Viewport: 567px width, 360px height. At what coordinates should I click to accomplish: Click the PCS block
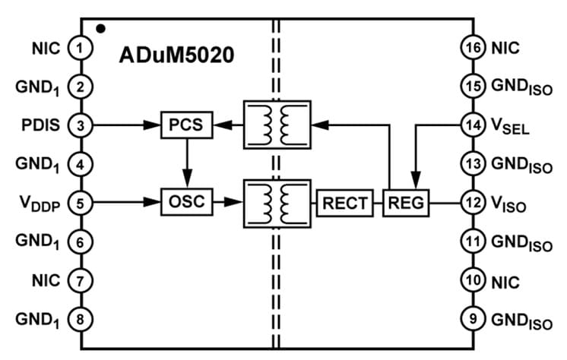click(x=186, y=124)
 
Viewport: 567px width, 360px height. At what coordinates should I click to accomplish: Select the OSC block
click(x=186, y=202)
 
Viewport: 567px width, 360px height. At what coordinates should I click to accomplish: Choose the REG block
click(x=405, y=203)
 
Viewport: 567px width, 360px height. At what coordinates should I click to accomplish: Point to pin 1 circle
click(x=80, y=47)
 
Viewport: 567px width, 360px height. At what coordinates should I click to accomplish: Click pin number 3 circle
click(x=80, y=124)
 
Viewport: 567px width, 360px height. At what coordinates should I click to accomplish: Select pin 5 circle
click(x=80, y=202)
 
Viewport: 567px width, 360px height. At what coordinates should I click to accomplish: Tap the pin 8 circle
click(x=80, y=318)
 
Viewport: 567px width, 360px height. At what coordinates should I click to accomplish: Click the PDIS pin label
click(x=43, y=124)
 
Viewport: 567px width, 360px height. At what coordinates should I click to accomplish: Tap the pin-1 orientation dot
click(x=100, y=30)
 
